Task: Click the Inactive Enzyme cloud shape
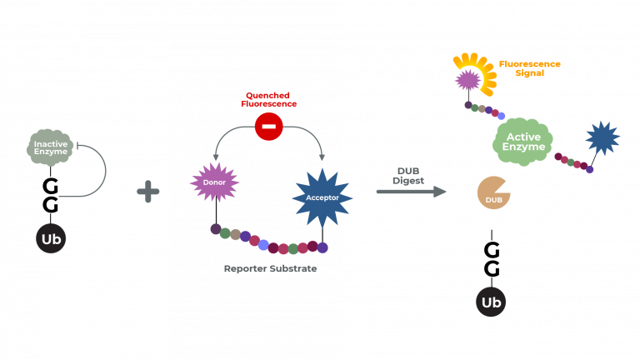(50, 147)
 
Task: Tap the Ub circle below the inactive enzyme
(51, 239)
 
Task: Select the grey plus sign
(148, 192)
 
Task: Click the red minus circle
(268, 127)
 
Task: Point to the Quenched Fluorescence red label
(268, 100)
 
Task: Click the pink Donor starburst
(214, 182)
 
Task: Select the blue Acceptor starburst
(322, 197)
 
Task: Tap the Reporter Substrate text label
(270, 269)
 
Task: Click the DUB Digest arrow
(411, 192)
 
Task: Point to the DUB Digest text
(408, 176)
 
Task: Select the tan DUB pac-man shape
(493, 192)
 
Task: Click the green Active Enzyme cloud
(522, 142)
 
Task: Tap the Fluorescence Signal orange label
(529, 68)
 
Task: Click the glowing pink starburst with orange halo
(469, 79)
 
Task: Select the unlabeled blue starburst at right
(602, 137)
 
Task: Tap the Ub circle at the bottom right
(491, 302)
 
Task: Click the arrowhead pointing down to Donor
(217, 157)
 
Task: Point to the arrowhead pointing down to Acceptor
(322, 157)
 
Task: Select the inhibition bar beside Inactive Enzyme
(77, 146)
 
